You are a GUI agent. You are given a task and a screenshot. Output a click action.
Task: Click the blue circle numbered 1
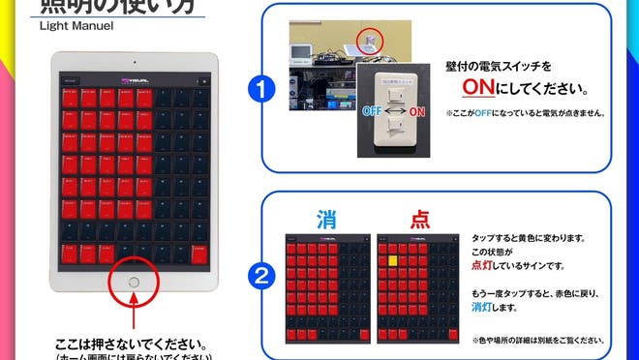click(257, 90)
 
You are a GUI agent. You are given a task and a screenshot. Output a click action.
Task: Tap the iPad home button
click(134, 283)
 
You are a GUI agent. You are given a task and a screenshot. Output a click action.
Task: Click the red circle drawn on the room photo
click(369, 39)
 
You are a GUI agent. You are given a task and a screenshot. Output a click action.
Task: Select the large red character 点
click(419, 220)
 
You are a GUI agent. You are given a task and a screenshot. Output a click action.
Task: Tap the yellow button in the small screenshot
click(394, 259)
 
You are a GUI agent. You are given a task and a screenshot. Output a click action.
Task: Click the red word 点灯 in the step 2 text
click(484, 264)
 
